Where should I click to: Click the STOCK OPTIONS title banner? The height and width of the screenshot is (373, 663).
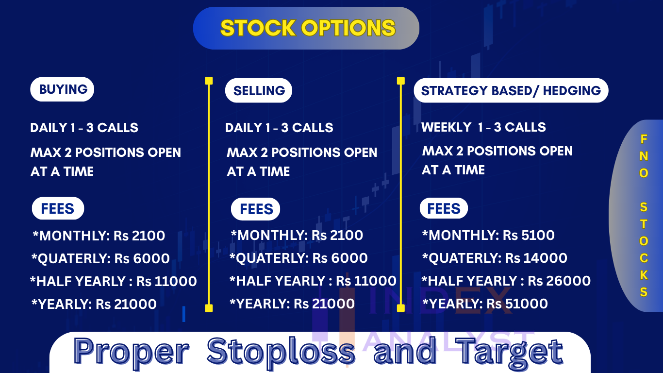point(306,28)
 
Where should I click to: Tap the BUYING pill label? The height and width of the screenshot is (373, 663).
point(62,89)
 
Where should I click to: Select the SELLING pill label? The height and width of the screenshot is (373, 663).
point(258,90)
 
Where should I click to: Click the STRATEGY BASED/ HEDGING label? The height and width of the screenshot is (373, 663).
point(511,90)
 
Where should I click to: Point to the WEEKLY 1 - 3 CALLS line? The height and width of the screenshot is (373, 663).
point(483,127)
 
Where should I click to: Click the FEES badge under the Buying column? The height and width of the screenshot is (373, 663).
point(58,208)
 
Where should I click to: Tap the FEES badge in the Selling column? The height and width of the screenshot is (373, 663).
point(255,209)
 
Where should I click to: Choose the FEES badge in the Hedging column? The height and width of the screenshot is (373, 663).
point(444,208)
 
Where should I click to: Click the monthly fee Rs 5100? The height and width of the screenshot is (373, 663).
point(529,235)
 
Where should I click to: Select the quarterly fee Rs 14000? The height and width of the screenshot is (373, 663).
point(536,258)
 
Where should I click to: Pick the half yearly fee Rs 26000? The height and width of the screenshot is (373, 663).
point(559,281)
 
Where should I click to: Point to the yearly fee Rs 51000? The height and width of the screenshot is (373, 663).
point(517,304)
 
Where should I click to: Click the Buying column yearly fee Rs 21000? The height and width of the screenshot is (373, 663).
point(126,304)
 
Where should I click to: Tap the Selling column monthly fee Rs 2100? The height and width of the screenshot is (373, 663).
point(337,235)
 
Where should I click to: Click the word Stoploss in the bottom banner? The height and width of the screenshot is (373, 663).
point(281,351)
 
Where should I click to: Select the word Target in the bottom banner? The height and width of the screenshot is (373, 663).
point(509,351)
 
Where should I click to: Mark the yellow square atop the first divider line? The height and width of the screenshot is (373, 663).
point(209,81)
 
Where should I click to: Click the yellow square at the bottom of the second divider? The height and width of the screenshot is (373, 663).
point(401,308)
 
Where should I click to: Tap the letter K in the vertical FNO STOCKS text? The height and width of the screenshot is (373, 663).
point(644,275)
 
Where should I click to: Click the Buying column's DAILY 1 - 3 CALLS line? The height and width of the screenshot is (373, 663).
point(84,128)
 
